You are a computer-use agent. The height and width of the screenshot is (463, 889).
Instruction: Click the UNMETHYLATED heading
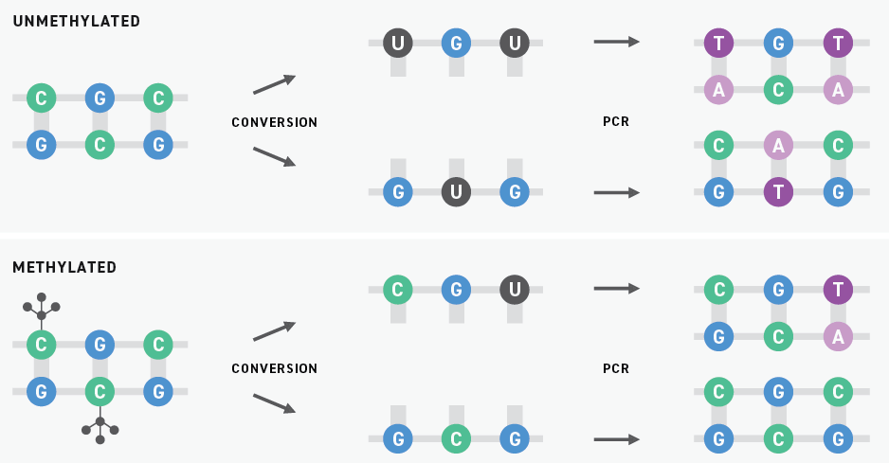(76, 21)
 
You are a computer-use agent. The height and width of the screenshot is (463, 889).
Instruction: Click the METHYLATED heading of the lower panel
(64, 268)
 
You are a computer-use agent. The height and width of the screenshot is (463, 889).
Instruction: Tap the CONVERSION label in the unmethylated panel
(274, 122)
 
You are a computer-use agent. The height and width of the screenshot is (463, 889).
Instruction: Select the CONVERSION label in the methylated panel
(274, 368)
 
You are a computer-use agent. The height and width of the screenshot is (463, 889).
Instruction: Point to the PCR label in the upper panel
(616, 122)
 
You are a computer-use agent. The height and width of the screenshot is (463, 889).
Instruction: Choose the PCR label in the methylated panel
(616, 368)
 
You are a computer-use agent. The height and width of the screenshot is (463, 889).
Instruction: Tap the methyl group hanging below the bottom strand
(100, 428)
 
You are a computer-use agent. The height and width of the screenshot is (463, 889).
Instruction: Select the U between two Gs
(456, 192)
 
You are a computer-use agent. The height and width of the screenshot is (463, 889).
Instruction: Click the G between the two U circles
(456, 43)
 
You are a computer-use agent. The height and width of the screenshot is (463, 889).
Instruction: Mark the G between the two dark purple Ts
(778, 43)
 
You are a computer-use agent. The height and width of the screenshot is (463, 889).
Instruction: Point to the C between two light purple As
(778, 89)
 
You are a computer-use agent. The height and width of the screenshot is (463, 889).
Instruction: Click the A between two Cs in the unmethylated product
(778, 145)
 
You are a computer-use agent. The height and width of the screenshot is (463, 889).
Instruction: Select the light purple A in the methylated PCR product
(837, 336)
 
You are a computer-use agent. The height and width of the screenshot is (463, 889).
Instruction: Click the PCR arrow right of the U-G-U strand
(616, 42)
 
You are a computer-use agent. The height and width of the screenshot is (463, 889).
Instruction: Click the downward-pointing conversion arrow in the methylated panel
(274, 403)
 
